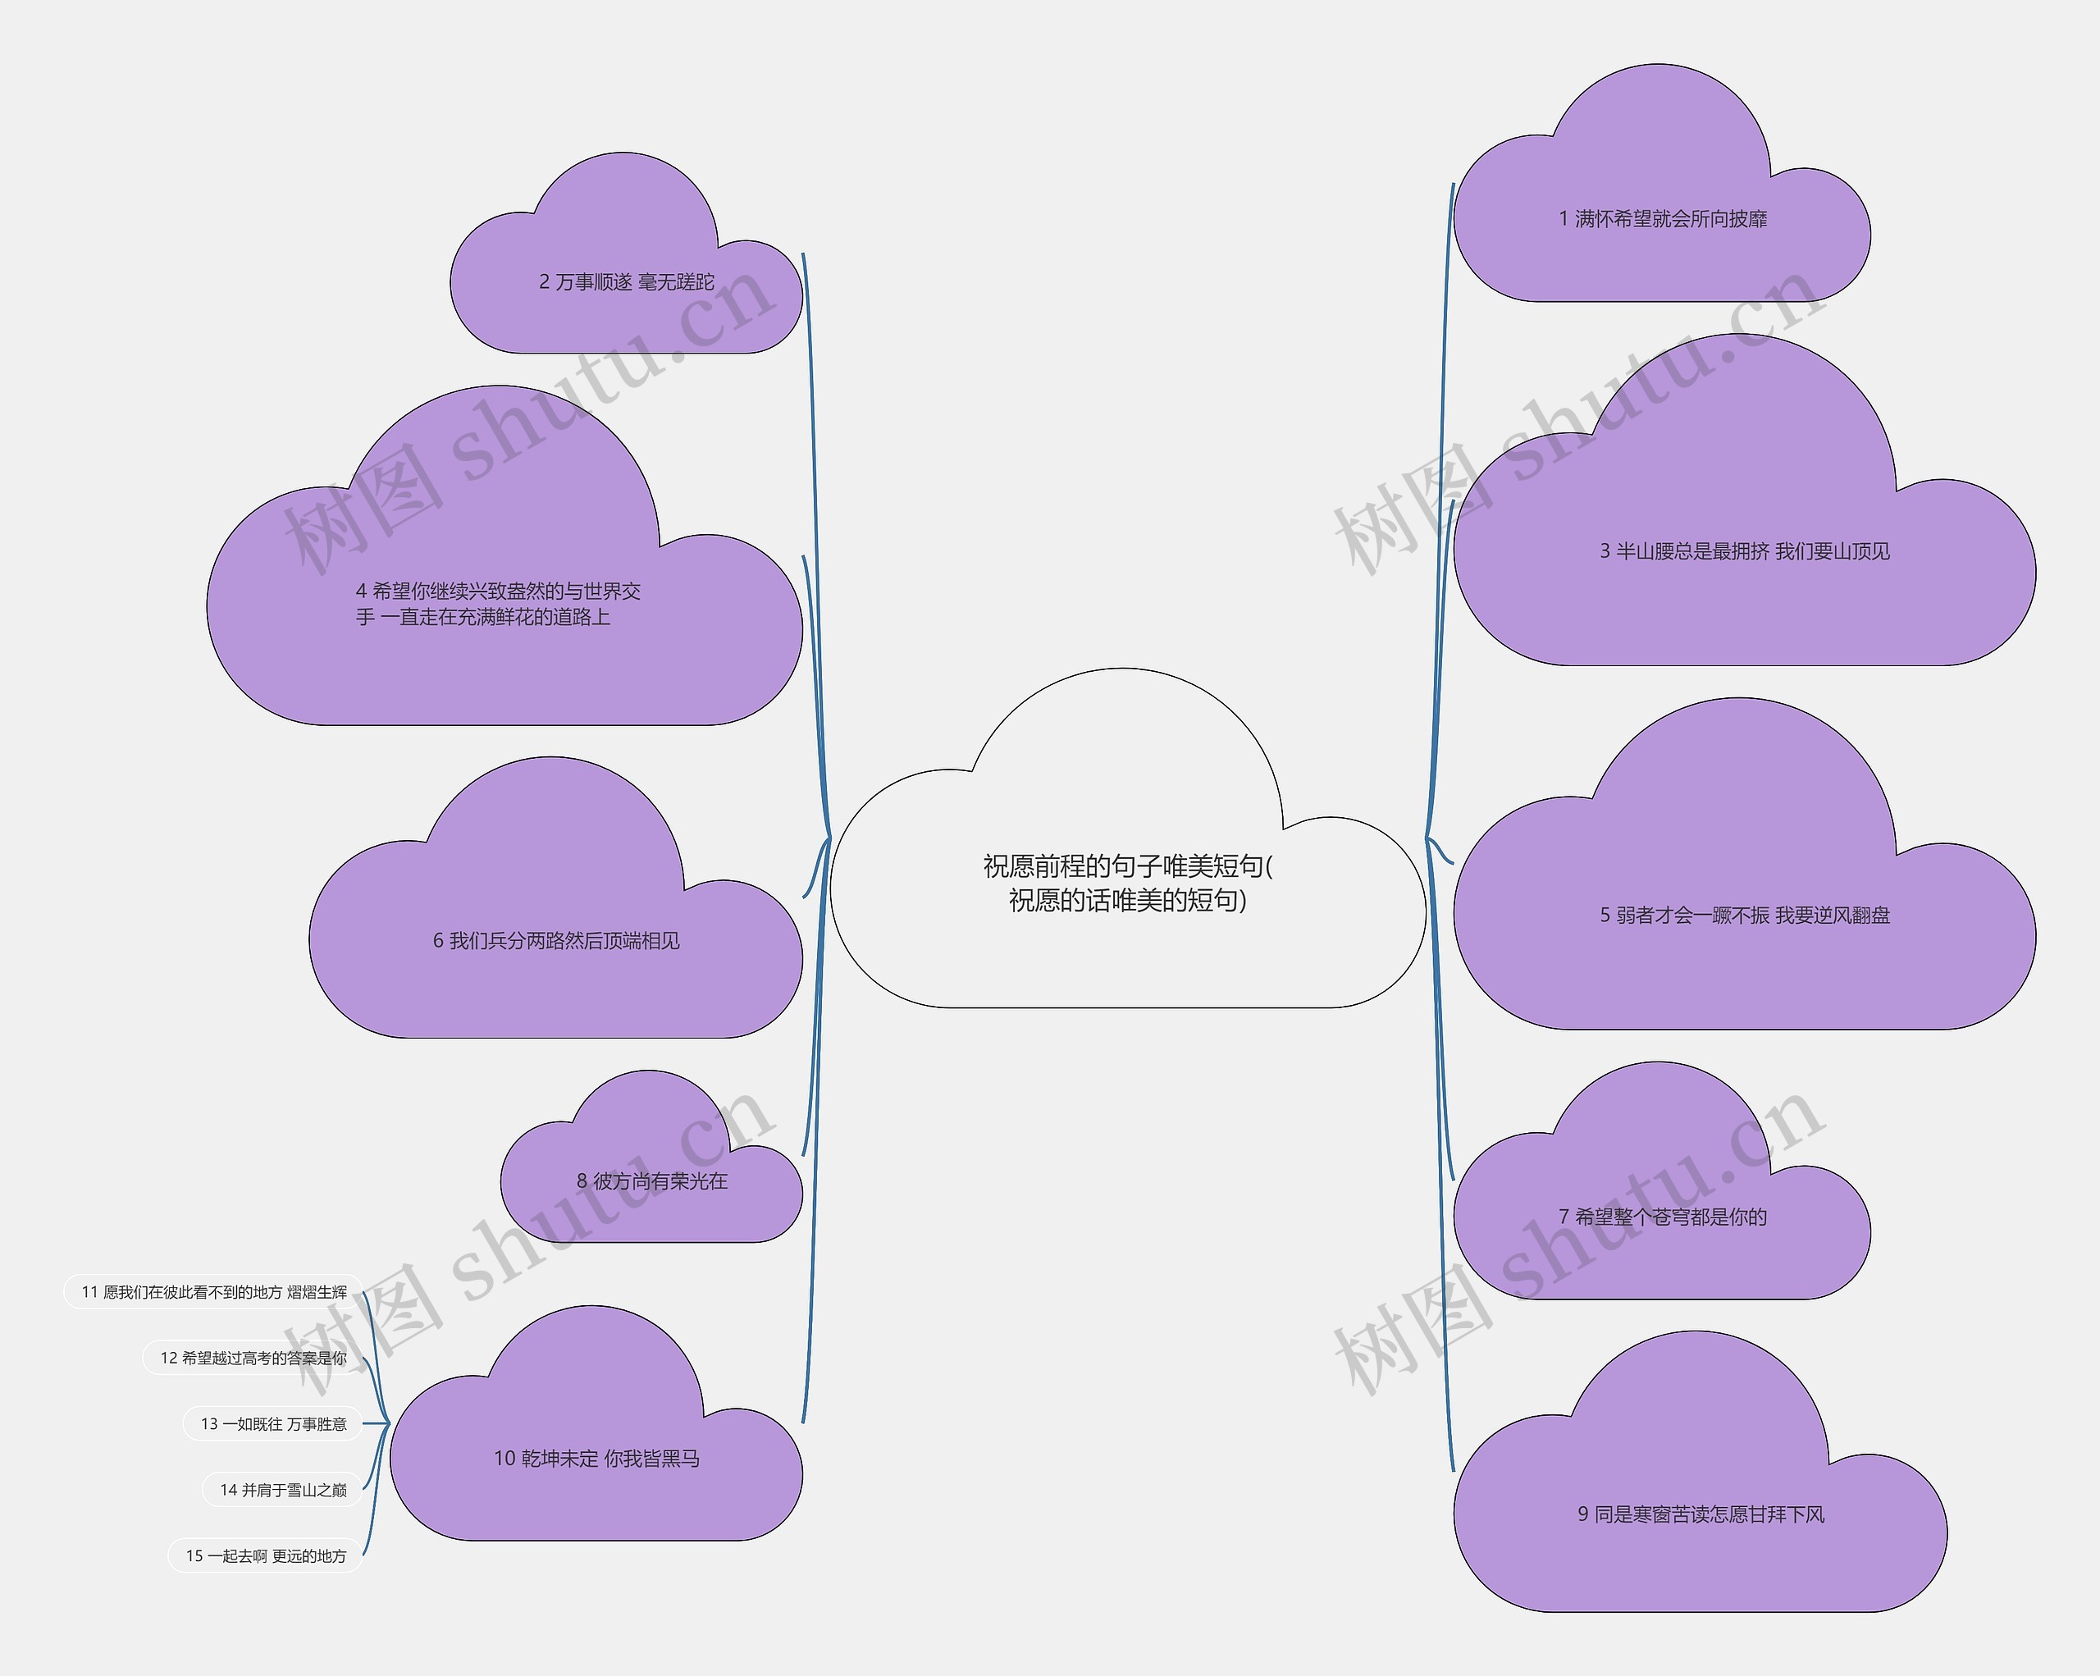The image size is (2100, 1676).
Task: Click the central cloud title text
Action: tap(1127, 883)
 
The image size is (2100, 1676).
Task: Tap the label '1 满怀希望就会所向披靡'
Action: tap(1663, 219)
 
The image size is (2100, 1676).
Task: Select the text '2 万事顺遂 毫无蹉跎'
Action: tap(626, 282)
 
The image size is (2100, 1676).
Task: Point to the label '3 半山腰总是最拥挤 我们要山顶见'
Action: tap(1745, 551)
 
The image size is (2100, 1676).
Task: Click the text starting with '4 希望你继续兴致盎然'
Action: tap(498, 604)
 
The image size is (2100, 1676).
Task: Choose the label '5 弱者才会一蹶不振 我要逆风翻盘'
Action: tap(1745, 916)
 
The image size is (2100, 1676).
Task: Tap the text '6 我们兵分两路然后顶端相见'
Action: tap(556, 941)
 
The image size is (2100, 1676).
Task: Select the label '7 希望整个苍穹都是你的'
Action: tap(1663, 1217)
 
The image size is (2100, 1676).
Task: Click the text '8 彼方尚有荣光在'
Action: tap(651, 1181)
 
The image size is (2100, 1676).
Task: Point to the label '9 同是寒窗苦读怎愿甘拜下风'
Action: tap(1701, 1514)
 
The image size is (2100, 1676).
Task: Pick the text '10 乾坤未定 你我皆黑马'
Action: tap(596, 1459)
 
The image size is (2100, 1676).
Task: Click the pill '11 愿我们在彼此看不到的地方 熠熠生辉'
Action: tap(213, 1292)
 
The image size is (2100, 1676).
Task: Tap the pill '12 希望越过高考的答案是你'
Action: tap(253, 1359)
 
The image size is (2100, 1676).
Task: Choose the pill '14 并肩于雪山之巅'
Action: tap(282, 1490)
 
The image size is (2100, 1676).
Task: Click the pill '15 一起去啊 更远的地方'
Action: tap(266, 1556)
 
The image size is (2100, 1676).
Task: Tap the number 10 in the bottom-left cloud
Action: tap(504, 1459)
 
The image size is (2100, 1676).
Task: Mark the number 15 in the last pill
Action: tap(194, 1556)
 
